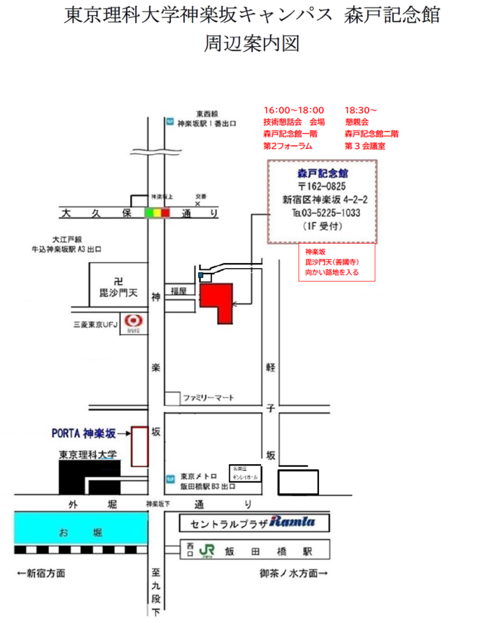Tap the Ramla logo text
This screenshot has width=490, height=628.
(x=292, y=523)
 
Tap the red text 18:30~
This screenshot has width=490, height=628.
(x=361, y=110)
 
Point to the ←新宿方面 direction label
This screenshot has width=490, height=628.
(x=42, y=574)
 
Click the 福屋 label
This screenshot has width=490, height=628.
(x=178, y=289)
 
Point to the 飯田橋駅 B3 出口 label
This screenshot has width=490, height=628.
(x=208, y=486)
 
